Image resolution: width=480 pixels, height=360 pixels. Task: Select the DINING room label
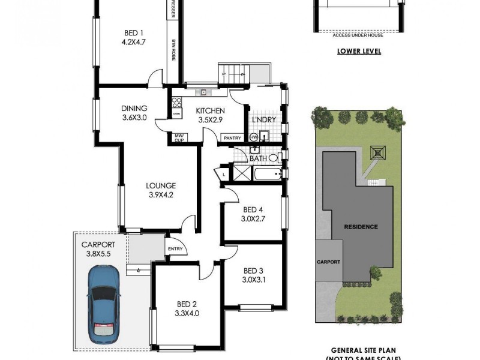134,109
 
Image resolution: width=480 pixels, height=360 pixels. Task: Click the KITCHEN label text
211,111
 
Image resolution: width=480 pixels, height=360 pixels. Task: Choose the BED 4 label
253,209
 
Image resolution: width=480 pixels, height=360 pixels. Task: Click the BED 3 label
254,270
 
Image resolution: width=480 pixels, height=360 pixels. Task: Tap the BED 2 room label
185,304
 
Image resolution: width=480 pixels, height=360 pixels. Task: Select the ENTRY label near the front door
175,249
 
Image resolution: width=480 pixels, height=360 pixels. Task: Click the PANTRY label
232,138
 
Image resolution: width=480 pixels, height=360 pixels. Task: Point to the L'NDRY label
263,120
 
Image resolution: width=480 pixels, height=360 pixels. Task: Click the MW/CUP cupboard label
179,138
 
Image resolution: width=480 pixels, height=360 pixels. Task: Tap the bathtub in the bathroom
268,175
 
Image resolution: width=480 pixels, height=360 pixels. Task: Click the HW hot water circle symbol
253,138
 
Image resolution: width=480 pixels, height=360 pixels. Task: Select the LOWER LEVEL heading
359,52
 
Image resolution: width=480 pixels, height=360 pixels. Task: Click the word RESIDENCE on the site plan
361,227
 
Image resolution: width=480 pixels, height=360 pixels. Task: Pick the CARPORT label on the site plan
329,262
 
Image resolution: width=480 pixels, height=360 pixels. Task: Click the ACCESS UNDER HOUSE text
359,35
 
